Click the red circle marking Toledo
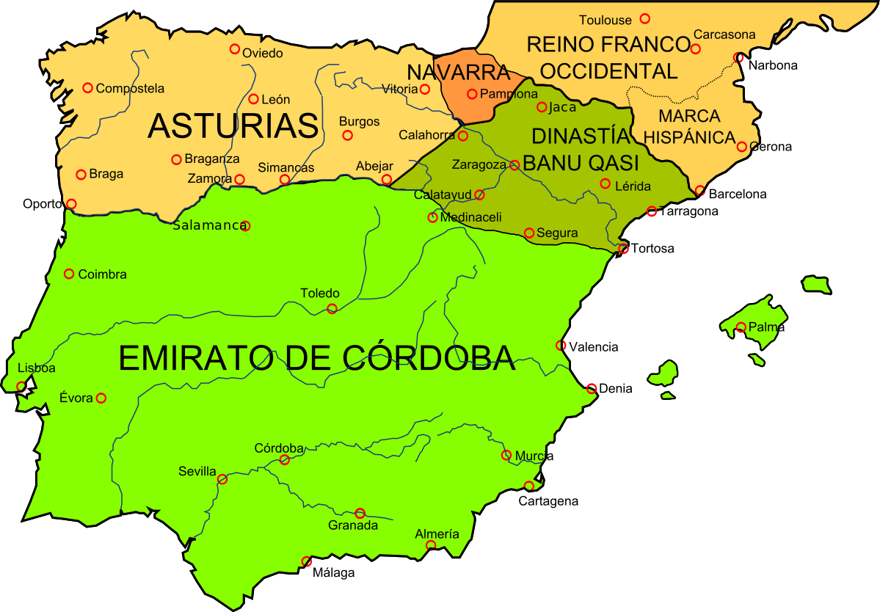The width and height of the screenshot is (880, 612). [332, 309]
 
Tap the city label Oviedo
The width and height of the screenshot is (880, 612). [263, 54]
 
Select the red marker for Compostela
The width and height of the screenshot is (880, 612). [87, 88]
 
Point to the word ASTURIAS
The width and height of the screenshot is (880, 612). [233, 126]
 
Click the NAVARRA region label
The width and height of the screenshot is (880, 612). [458, 73]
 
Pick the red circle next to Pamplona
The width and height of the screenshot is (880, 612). [472, 94]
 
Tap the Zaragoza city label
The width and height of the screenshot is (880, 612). [479, 165]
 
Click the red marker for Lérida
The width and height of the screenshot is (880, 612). [605, 183]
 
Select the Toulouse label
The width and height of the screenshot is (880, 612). [606, 21]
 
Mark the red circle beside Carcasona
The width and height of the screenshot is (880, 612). [695, 49]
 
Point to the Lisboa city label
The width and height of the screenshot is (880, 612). [37, 368]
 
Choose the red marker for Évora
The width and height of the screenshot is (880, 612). [101, 398]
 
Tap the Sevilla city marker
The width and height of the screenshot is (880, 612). [222, 479]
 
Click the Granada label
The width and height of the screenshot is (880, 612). [353, 525]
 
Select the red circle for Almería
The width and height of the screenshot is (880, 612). [431, 545]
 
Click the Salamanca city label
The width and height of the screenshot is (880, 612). [209, 226]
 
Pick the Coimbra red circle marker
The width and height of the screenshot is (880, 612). [69, 274]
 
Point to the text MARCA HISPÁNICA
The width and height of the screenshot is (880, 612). [689, 126]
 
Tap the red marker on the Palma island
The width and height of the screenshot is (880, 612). [741, 327]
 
